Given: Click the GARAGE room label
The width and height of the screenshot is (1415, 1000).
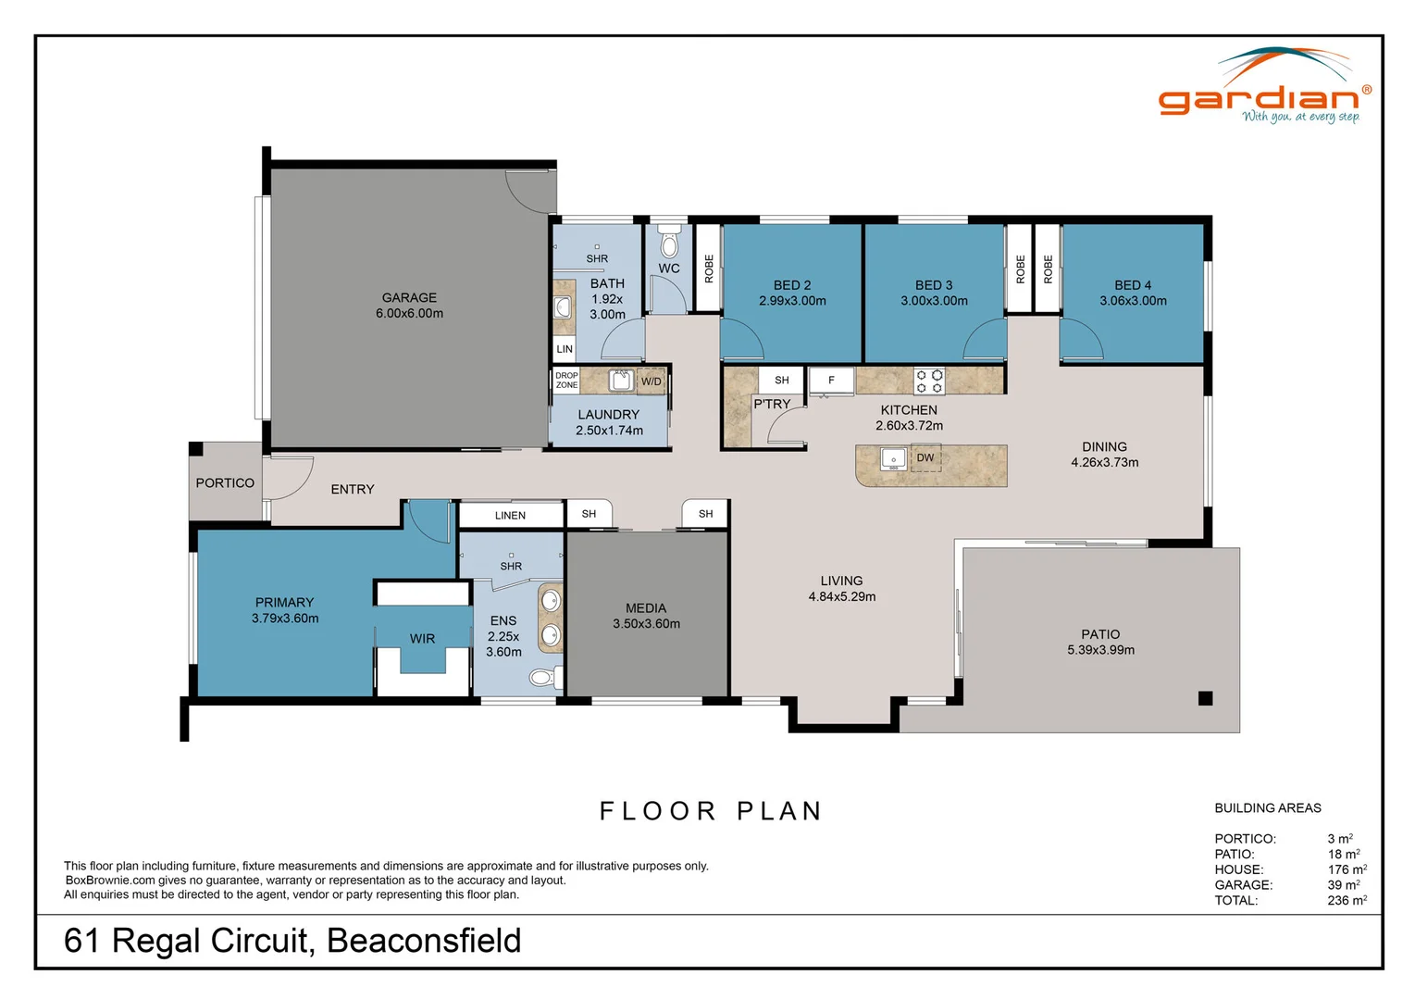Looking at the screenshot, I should (409, 297).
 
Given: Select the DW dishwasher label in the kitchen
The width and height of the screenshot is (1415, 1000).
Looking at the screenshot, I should (925, 457).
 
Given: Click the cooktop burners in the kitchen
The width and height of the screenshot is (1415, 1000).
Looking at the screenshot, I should (929, 381).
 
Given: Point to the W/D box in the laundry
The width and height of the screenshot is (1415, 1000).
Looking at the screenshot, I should (652, 381).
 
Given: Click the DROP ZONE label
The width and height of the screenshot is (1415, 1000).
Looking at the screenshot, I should (566, 381).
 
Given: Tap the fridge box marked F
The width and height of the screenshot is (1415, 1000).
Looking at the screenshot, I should (831, 381).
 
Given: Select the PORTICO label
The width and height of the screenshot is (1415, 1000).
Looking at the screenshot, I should (225, 482).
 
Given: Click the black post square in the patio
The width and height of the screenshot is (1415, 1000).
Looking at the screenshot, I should (1205, 698).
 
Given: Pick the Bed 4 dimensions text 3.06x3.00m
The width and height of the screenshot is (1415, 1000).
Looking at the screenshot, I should (1133, 301).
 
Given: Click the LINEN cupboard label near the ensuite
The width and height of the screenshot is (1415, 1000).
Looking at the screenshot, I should (510, 515).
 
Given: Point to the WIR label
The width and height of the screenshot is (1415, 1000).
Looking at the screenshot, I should (422, 638).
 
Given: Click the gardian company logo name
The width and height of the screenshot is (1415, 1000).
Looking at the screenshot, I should (1259, 98).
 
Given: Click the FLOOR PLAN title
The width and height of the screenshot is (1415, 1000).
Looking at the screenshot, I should (711, 811).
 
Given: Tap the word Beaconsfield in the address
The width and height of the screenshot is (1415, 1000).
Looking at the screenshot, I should (424, 941).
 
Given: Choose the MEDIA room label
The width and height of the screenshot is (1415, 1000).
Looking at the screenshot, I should (645, 608).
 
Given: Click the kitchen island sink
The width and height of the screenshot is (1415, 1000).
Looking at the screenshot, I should (893, 458).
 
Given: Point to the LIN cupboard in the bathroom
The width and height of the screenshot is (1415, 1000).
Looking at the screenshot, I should (565, 349).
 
